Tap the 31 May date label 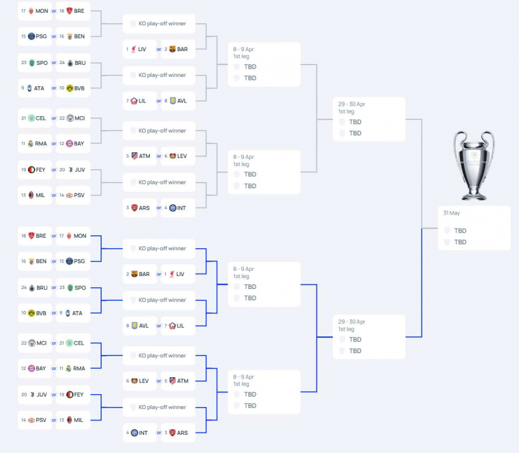pos(452,213)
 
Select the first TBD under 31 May pos(460,231)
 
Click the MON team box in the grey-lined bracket pos(36,11)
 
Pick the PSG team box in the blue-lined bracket pos(73,261)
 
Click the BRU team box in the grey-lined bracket pos(73,63)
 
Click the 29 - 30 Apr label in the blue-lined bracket pos(352,321)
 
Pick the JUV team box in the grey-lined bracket pos(73,170)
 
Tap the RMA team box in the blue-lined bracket pos(73,369)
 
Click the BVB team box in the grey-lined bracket pos(73,88)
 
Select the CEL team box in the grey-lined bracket pos(36,118)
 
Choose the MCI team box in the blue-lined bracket pos(36,343)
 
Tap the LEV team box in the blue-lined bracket pos(139,381)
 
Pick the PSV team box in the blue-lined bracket pos(36,420)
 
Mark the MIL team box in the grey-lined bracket pos(36,195)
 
